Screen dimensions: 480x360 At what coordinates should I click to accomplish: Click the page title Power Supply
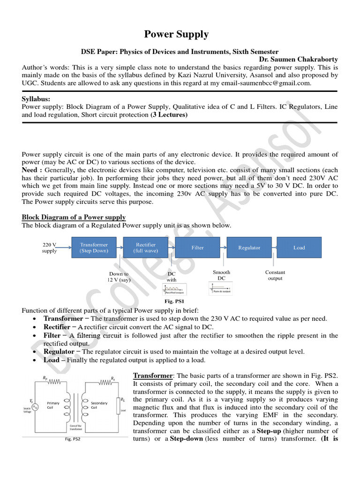pos(176,34)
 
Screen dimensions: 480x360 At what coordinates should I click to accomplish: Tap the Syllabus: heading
pos(37,99)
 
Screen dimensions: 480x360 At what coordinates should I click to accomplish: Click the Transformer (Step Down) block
pos(94,247)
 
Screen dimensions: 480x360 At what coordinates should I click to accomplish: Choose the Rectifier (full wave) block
pos(146,247)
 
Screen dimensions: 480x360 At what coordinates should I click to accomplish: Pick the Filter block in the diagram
pos(197,247)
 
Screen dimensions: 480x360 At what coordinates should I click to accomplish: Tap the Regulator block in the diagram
pos(249,247)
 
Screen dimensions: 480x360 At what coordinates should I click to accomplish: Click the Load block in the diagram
pos(299,247)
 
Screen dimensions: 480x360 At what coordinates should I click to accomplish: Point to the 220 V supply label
pos(49,247)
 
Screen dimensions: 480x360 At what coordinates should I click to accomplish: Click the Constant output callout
pos(275,275)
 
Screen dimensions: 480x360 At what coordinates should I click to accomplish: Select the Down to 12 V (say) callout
pos(119,277)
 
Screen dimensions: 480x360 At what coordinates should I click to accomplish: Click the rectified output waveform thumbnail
pos(174,289)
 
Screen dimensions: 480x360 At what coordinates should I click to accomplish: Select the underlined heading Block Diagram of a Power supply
pos(74,217)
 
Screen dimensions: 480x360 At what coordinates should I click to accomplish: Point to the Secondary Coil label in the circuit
pos(99,405)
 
